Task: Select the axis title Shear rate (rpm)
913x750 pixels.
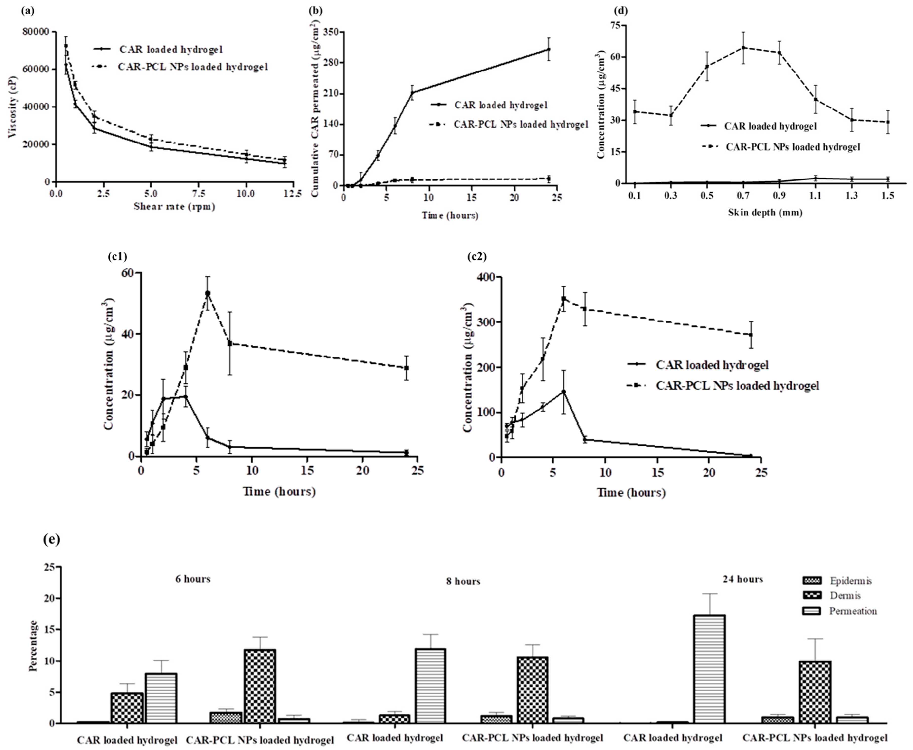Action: point(174,207)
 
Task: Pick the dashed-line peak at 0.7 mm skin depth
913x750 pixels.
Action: point(743,48)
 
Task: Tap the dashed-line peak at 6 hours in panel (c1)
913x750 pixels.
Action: point(208,293)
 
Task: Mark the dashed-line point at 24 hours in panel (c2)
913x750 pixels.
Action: point(751,335)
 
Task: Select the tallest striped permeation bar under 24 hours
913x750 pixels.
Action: point(709,669)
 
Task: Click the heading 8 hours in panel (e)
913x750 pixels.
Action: point(463,582)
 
